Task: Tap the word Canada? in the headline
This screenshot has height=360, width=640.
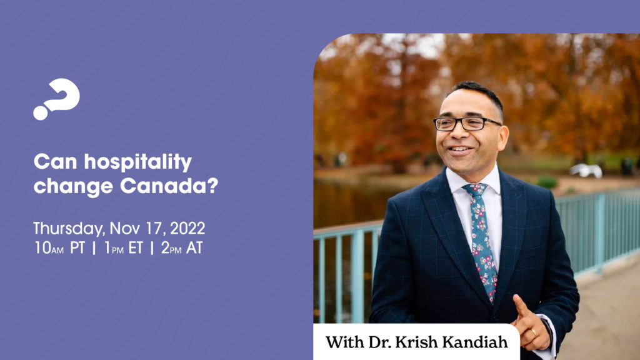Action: coord(169,186)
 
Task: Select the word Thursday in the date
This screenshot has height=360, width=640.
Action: coord(69,229)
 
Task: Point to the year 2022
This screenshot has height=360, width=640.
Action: coord(187,228)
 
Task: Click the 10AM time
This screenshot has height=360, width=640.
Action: coord(49,248)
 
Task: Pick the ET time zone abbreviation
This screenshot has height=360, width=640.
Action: coord(136,248)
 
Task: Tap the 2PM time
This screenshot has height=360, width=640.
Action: coord(171,248)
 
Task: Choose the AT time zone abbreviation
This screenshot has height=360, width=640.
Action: coord(194,248)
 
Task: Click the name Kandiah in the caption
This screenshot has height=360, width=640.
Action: coord(475,342)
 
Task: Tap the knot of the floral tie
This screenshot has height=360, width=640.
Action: coord(476,190)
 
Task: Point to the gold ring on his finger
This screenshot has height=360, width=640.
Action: coord(534,332)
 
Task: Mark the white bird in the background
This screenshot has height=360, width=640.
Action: coord(586,170)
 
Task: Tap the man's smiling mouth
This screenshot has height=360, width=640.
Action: coord(459,150)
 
